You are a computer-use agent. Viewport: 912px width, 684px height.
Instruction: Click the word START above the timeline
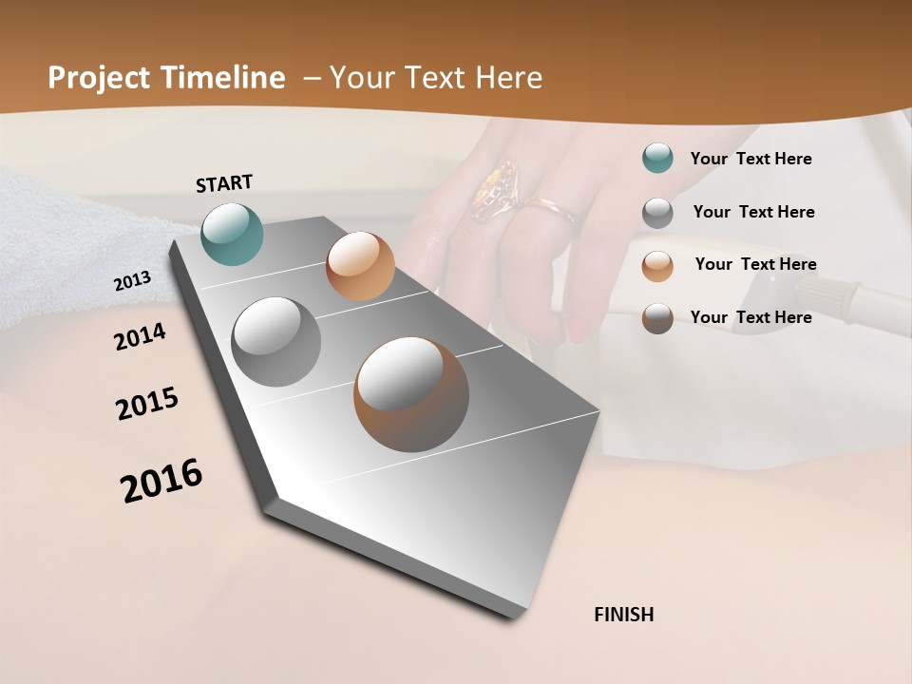tap(224, 183)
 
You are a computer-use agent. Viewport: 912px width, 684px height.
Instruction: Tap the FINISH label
tap(624, 615)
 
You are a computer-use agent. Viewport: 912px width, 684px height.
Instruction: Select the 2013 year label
tap(132, 281)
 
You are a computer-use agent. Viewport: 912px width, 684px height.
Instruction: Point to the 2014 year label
tap(140, 336)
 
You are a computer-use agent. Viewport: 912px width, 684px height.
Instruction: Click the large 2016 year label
tap(161, 481)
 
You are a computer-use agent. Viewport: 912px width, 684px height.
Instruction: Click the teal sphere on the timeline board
tap(233, 234)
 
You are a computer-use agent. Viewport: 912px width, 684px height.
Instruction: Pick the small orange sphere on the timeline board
tap(360, 266)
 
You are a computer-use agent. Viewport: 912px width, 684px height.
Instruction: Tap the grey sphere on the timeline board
tap(276, 342)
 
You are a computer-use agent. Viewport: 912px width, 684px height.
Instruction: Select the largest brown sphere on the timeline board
tap(411, 394)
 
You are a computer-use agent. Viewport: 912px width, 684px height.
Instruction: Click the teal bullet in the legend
tap(657, 159)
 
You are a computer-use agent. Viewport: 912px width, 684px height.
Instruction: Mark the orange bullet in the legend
tap(657, 265)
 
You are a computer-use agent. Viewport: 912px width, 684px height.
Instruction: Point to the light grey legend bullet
tap(657, 213)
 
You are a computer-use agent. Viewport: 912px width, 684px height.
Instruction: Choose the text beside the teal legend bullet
tap(751, 159)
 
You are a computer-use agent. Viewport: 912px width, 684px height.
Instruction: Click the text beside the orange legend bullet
tap(755, 264)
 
